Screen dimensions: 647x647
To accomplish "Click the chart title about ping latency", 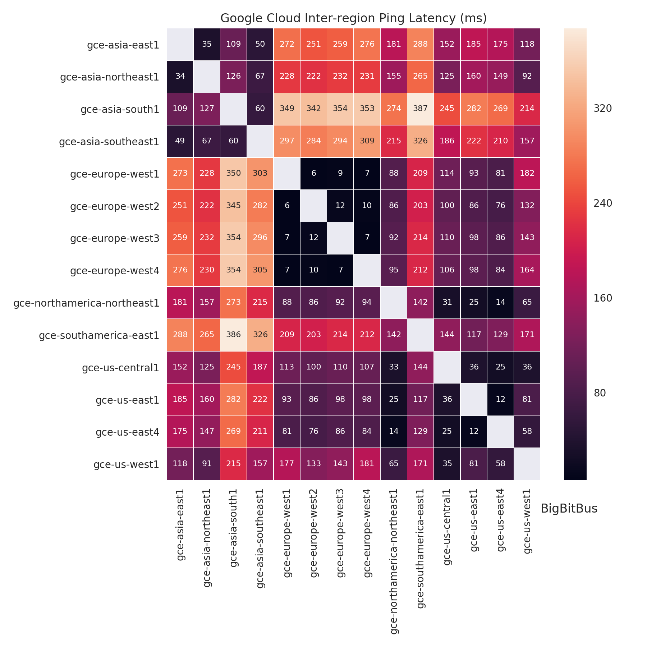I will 353,18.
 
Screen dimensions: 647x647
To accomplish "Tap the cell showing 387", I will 421,109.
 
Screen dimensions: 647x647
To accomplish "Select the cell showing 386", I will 234,335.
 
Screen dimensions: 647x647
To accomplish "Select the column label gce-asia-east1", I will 180,524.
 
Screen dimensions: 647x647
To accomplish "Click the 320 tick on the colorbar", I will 603,109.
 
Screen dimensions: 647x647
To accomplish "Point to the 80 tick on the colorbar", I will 600,393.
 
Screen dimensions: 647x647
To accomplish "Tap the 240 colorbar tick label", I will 603,203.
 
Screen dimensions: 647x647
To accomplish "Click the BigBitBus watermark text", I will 569,509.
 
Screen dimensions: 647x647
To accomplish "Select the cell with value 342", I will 314,109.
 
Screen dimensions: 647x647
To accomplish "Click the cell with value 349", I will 287,109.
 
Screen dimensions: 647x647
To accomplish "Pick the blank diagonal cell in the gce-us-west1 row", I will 527,464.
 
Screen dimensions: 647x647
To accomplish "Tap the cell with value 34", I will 180,76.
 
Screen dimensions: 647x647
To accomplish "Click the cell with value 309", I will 367,141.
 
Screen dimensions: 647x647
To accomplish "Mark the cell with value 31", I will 447,302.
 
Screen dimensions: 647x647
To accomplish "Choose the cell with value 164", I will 527,270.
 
